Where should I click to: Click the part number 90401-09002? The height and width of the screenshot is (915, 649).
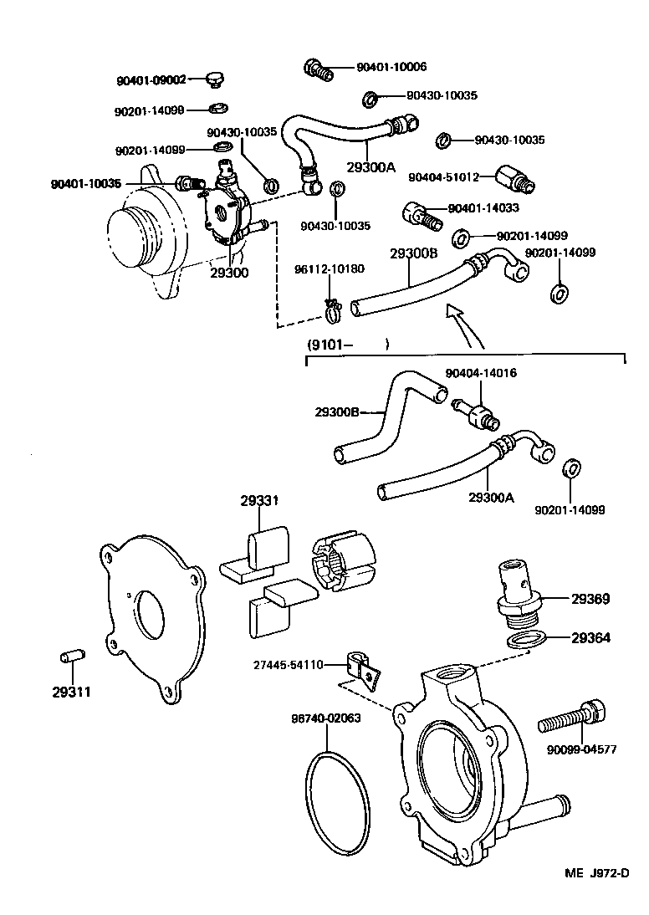coord(151,81)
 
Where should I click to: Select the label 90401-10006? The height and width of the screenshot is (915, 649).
coord(391,67)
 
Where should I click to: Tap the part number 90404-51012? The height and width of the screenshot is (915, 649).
coord(443,176)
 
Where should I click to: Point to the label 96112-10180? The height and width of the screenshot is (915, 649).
coord(329,268)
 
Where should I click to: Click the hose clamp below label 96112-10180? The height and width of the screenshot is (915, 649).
coord(334,312)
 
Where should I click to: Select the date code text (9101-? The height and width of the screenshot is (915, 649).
coord(329,344)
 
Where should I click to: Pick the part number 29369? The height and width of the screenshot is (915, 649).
coord(590,599)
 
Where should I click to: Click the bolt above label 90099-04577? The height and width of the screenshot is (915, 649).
coord(573,715)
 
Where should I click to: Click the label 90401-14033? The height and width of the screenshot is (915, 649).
coord(483,208)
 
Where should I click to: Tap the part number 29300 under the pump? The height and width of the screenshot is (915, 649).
coord(229,273)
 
